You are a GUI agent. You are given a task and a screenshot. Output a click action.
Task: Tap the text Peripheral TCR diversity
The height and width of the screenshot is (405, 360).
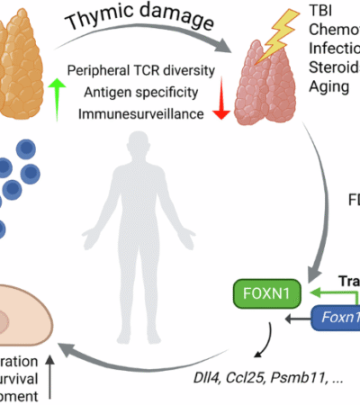(148, 70)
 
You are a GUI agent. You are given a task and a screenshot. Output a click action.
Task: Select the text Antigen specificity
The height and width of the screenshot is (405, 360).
(148, 91)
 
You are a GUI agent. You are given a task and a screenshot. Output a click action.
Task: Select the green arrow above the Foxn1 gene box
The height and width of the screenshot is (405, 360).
(320, 292)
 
